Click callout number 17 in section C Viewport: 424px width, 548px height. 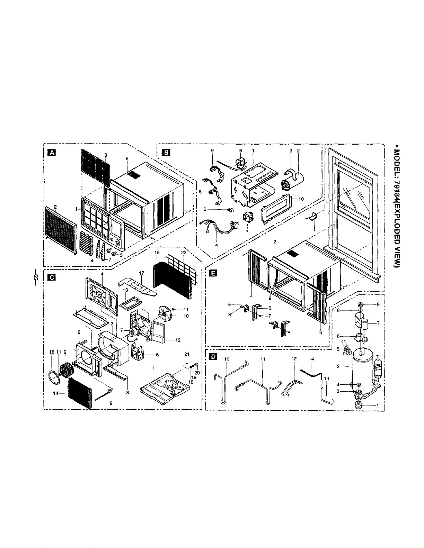pos(141,273)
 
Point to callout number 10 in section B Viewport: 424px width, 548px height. pos(301,199)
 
